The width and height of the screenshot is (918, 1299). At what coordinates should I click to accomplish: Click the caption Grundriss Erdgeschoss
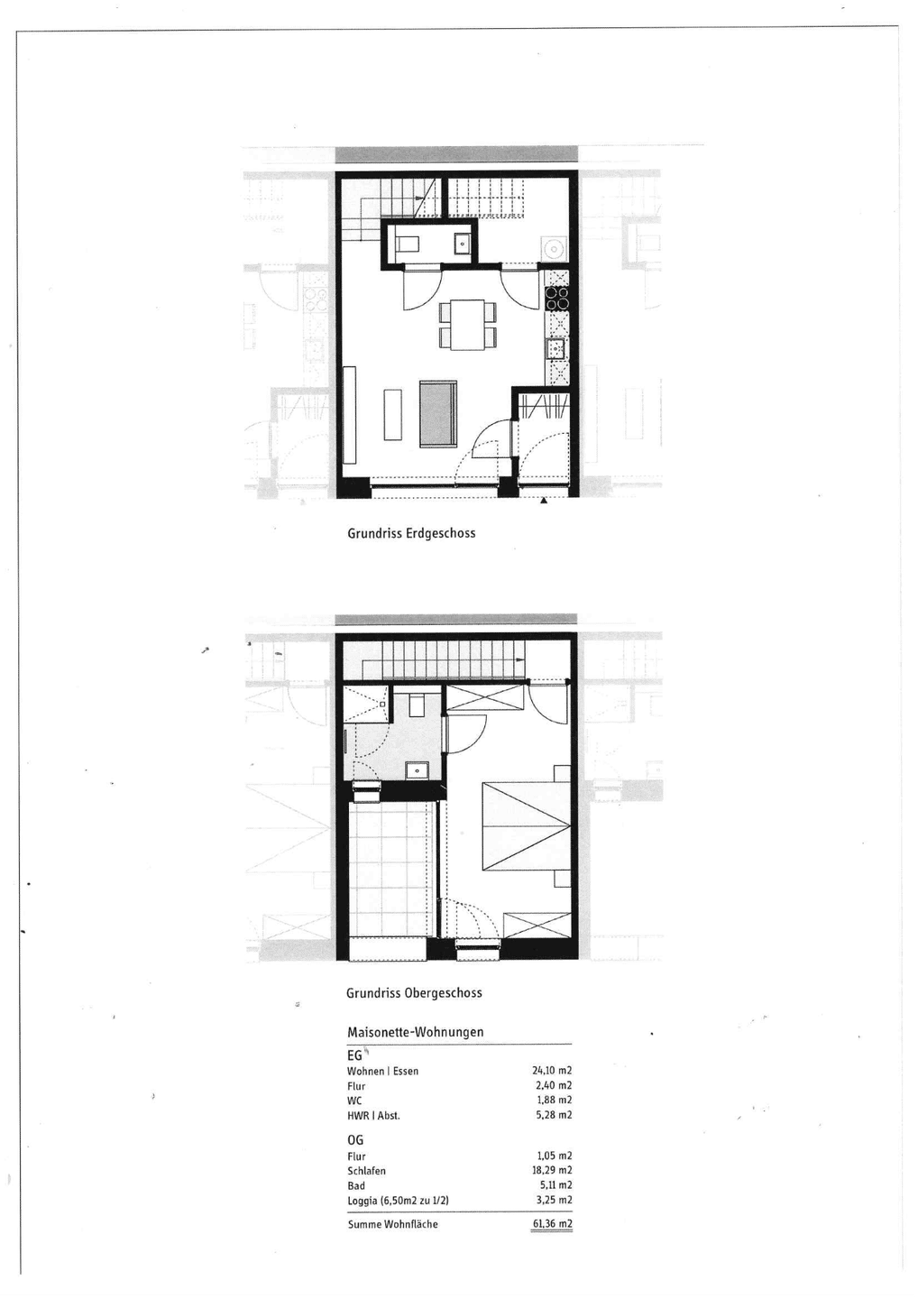pos(411,533)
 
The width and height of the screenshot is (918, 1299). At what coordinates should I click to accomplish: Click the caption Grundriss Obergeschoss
pos(414,993)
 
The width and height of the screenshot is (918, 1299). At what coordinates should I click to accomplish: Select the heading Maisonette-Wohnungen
pos(415,1032)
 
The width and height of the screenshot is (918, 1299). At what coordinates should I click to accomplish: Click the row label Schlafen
pos(366,1171)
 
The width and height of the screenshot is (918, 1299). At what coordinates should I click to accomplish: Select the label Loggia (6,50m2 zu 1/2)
pos(399,1201)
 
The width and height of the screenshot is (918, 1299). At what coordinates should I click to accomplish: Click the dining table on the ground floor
pos(468,325)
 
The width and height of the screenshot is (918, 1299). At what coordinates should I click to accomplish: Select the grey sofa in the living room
pos(438,414)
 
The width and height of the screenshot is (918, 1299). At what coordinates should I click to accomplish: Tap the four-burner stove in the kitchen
pos(557,298)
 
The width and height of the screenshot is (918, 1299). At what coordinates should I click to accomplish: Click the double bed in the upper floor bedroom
pos(525,825)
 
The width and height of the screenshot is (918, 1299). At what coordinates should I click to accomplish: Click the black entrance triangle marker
pos(543,501)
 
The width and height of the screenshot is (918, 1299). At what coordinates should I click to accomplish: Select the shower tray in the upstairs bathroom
pos(366,704)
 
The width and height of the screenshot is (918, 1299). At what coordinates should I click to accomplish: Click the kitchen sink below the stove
pos(555,348)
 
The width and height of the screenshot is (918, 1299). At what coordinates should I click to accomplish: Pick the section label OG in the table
pos(355,1140)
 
